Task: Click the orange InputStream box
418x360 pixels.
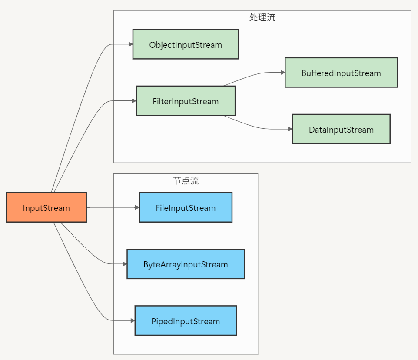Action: (x=46, y=207)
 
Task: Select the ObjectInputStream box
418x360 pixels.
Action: (x=186, y=44)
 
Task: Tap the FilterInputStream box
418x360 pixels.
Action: (x=186, y=101)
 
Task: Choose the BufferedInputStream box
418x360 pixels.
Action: (x=341, y=73)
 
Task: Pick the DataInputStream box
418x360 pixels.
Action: (x=341, y=129)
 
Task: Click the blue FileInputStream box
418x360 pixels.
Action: (x=186, y=207)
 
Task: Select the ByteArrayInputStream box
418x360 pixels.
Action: (x=186, y=264)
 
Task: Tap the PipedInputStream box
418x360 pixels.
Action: (x=186, y=320)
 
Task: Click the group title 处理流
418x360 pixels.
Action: (x=262, y=17)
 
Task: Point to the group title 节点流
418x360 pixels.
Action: (x=186, y=181)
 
